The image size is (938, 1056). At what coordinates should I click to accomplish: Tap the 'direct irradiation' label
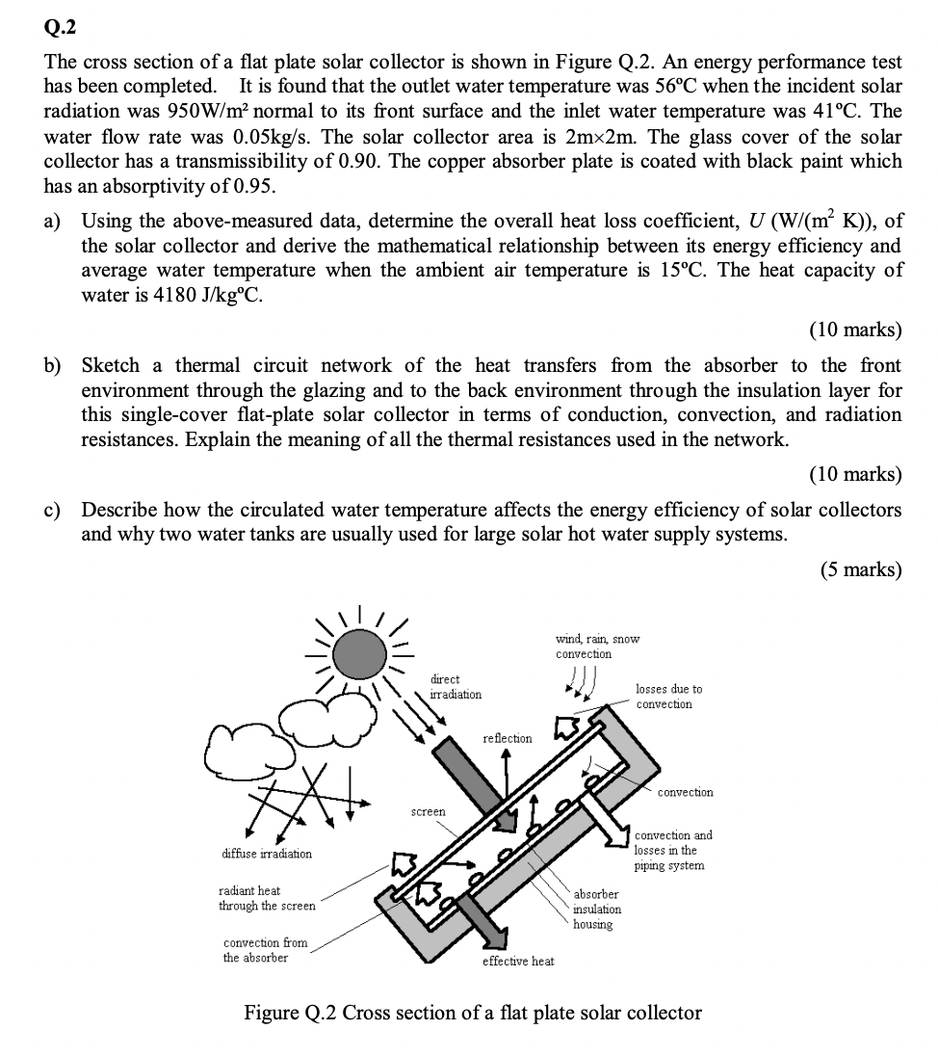[x=456, y=687]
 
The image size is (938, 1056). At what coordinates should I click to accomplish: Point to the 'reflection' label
[x=507, y=738]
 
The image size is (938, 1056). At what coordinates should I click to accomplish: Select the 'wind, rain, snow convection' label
[x=597, y=647]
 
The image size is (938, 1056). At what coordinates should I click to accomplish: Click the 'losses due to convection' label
[x=668, y=697]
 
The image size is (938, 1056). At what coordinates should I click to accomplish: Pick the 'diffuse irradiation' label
[x=267, y=854]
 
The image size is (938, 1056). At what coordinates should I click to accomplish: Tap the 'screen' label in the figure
[x=429, y=812]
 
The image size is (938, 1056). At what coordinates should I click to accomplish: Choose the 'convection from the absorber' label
[x=265, y=950]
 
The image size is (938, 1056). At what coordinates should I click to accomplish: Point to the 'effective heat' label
[x=518, y=962]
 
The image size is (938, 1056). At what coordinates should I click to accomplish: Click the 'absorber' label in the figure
[x=596, y=894]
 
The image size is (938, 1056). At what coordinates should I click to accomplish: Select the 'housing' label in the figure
[x=592, y=925]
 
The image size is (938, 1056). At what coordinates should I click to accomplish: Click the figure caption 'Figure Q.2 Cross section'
[x=472, y=1013]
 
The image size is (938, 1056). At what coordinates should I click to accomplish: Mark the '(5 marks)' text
[x=861, y=569]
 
